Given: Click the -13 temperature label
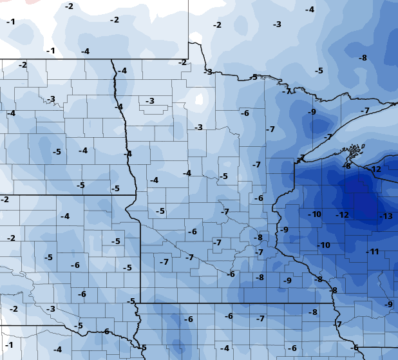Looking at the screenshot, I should point(386,216).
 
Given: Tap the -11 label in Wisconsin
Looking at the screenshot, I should point(373,251).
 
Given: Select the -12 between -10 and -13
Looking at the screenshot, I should point(343,214).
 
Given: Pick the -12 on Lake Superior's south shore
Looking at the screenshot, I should point(376,169).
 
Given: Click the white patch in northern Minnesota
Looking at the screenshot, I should point(199,100).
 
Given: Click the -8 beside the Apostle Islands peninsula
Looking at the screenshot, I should point(348,166).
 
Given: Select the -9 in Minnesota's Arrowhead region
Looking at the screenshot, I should point(312,112).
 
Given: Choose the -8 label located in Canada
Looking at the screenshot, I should point(363,58).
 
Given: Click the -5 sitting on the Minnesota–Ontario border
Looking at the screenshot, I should point(254,77).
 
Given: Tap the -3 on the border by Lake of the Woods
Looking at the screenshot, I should point(208,71).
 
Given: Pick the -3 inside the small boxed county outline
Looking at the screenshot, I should point(149,101).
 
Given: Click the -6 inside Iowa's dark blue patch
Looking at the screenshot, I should point(189,319).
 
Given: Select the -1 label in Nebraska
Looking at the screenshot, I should point(9,345).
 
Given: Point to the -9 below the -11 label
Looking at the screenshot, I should point(388,304).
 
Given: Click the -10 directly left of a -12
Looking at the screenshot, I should point(315,214).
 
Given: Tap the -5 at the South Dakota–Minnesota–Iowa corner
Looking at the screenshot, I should point(131,301).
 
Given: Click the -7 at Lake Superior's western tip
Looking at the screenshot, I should point(301,158).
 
